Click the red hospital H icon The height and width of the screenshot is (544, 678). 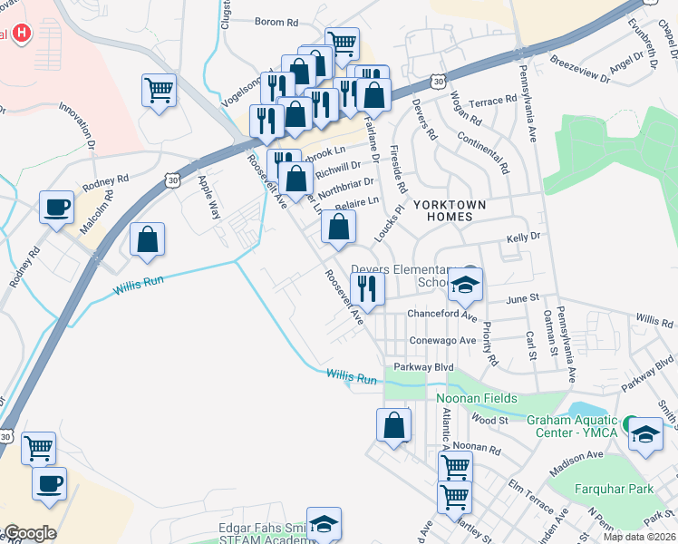click(22, 34)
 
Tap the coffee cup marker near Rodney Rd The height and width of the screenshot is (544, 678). click(56, 208)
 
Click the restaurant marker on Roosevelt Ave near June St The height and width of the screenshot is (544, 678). click(367, 288)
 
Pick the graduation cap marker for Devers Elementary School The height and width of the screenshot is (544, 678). click(466, 285)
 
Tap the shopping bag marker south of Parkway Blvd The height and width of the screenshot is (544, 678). click(393, 425)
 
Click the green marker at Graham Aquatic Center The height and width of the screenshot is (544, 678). click(629, 423)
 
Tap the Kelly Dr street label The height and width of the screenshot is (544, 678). click(523, 236)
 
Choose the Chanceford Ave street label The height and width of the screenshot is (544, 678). click(441, 314)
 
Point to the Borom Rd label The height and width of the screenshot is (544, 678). click(276, 22)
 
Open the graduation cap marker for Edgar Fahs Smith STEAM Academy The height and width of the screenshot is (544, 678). click(324, 523)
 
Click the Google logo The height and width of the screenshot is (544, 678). click(30, 533)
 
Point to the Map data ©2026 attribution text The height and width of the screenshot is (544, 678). click(640, 537)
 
